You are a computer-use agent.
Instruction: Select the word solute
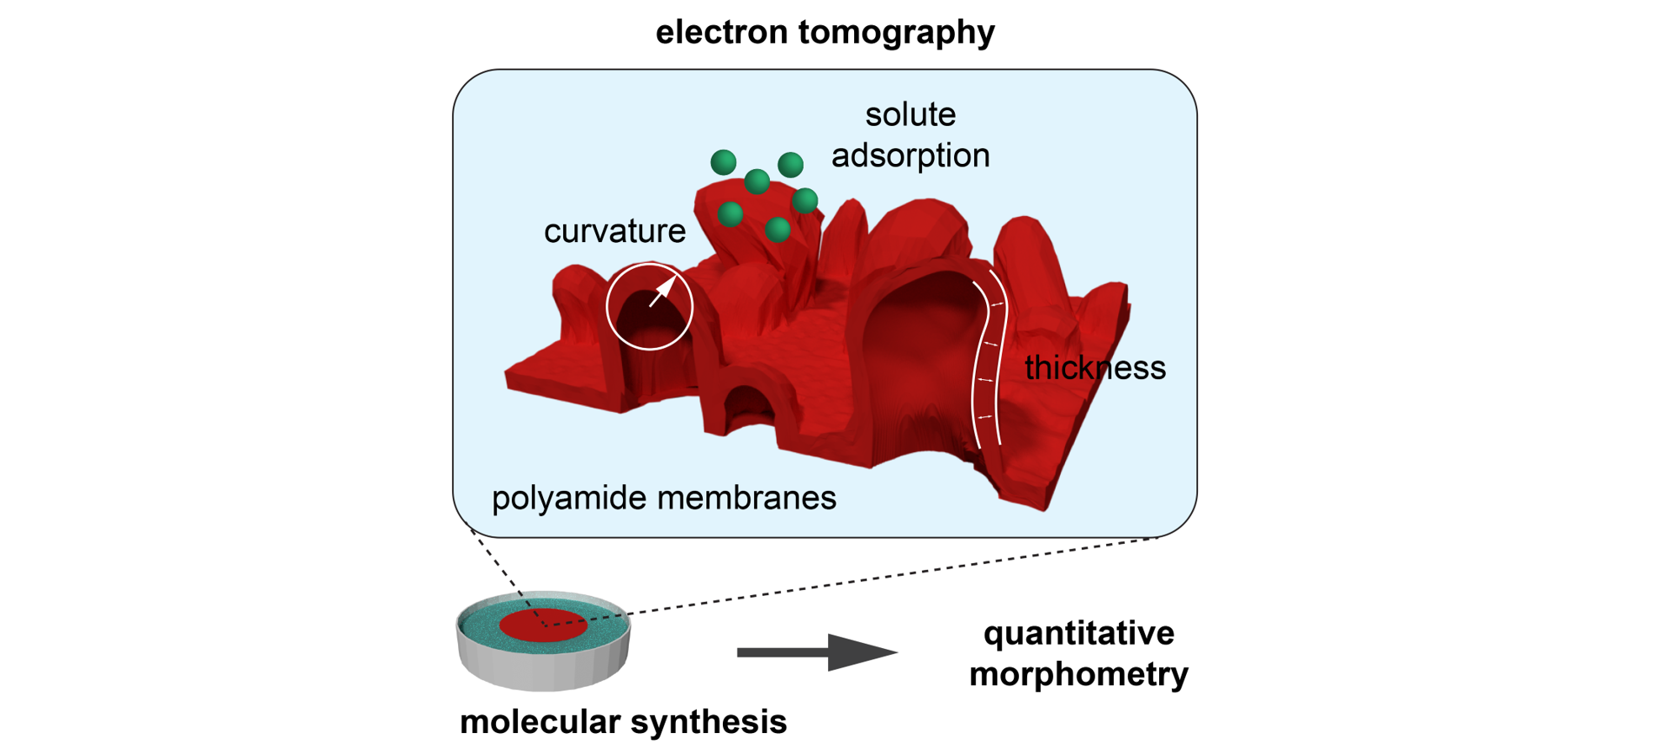coord(910,114)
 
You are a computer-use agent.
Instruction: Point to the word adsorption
coord(910,156)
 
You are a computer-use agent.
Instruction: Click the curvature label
coord(614,231)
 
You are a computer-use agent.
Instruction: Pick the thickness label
coord(1094,368)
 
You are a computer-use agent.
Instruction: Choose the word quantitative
coord(1078,633)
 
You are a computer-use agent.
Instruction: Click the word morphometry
coord(1078,674)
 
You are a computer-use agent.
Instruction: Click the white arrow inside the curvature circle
coord(663,291)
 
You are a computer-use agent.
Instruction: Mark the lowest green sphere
coord(778,229)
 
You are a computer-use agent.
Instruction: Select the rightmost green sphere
coord(804,200)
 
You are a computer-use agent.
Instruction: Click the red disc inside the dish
coord(543,625)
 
